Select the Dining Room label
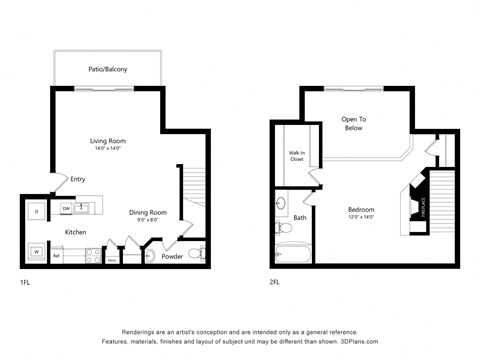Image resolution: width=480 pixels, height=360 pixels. coord(147,213)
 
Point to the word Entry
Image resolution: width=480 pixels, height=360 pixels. coord(77,180)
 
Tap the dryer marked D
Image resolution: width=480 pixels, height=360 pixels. coord(36,211)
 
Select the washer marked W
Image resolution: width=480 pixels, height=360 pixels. coord(36,251)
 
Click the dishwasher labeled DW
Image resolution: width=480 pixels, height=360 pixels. coord(66,209)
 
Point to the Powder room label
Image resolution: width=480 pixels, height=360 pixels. coord(172,256)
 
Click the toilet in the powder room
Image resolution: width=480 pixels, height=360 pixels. coord(197,252)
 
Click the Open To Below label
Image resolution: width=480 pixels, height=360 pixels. coord(353,124)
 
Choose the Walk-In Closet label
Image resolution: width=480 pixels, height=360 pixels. coord(298,155)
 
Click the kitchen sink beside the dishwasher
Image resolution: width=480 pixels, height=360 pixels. coord(84,208)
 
